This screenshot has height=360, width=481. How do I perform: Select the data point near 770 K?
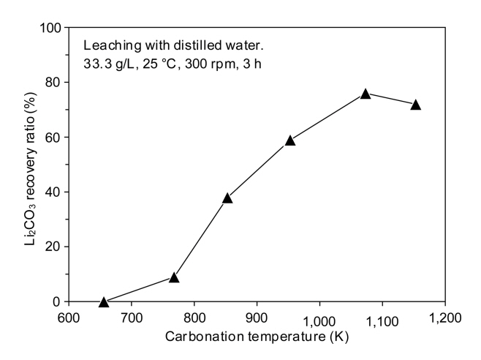(x=174, y=277)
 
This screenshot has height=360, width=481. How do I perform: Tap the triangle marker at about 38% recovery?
(x=227, y=198)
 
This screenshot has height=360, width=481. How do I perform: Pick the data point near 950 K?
(x=290, y=140)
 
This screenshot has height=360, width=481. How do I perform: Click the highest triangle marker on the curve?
(x=366, y=94)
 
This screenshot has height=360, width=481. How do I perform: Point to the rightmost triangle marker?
(x=416, y=105)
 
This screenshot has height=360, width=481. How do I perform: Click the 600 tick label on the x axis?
(x=69, y=319)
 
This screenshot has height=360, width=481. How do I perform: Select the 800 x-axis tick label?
(x=194, y=319)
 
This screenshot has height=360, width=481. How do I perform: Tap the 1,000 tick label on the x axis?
(x=319, y=319)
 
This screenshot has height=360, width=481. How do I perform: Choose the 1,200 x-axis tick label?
(x=444, y=319)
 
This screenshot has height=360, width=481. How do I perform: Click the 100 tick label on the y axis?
(x=50, y=28)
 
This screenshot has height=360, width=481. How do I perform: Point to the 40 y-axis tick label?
(x=53, y=192)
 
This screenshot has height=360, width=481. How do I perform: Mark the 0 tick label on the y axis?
(x=56, y=301)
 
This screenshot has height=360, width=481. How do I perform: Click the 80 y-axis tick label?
(x=53, y=83)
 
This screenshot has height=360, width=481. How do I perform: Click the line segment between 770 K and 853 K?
(x=201, y=237)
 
